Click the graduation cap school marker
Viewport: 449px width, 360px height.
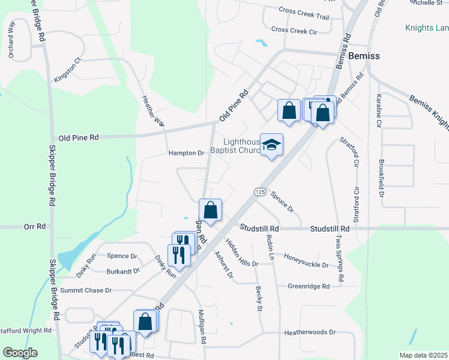[x=271, y=145]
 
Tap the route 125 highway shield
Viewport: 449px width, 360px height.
[x=259, y=191]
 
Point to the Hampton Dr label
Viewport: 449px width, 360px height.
[x=186, y=153]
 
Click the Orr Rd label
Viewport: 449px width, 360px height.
[x=35, y=227]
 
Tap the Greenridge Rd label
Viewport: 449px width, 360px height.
[x=309, y=287]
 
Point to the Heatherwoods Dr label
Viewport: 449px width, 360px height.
[x=310, y=332]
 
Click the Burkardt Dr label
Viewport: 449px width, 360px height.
[x=122, y=271]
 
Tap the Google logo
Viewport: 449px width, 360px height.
[x=20, y=353]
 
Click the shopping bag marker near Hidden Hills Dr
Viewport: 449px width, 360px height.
[x=210, y=211]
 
